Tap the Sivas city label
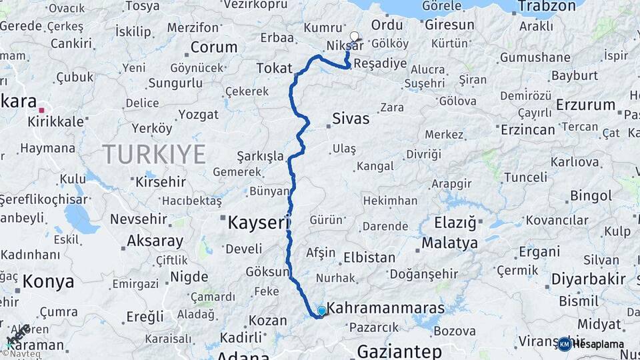point(350,119)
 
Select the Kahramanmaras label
point(387,309)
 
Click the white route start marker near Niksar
point(354,37)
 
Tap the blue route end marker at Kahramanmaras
point(321,311)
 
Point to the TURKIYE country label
point(154,154)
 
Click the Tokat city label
point(275,68)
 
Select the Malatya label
point(449,243)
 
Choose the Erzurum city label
point(585,105)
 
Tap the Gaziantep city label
point(399,351)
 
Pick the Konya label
point(48,281)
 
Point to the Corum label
point(214,47)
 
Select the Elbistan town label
point(369,257)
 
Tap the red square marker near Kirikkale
point(42,111)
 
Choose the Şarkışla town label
point(260,156)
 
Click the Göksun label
point(267,272)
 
